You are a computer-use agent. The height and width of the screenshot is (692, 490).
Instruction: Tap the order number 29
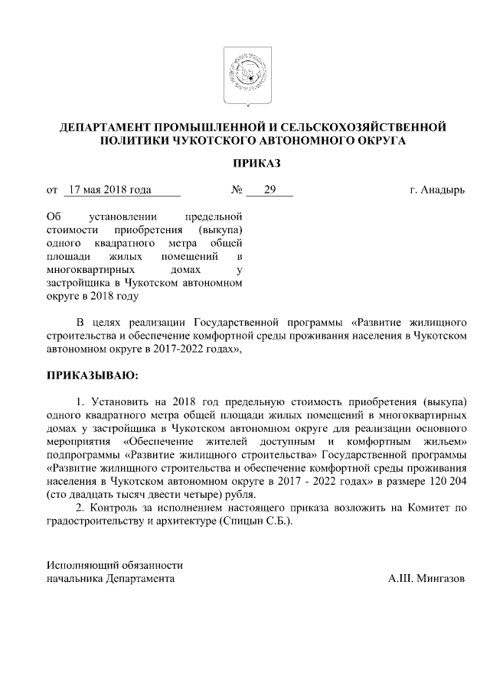tap(269, 190)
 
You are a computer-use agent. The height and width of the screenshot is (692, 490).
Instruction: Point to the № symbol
tap(236, 190)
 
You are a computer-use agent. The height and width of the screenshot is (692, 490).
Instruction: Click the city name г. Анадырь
tap(436, 190)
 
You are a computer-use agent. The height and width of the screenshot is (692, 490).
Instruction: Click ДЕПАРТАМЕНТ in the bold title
tap(115, 127)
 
